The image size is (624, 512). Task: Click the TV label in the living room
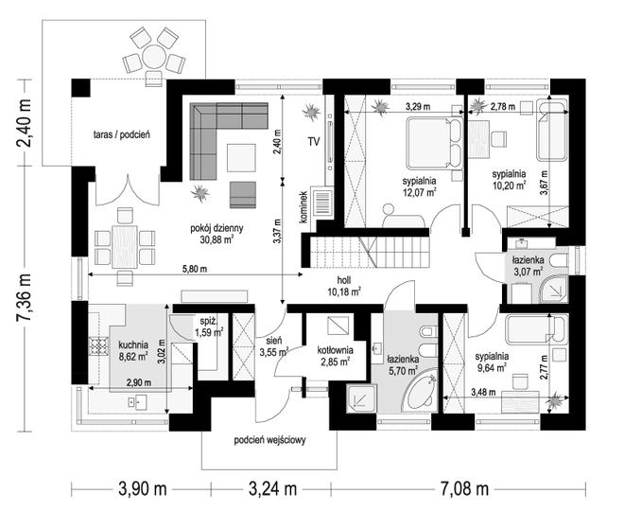[314, 141]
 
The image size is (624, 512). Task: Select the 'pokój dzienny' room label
[217, 228]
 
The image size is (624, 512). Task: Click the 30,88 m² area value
[217, 239]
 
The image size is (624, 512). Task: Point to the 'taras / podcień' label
[122, 134]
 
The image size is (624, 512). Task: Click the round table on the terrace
[154, 57]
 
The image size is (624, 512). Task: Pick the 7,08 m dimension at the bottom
[464, 488]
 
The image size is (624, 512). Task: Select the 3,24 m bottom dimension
[272, 488]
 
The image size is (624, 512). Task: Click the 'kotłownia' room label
[335, 350]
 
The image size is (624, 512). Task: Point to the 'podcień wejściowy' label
[269, 440]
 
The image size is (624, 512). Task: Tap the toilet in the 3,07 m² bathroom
[559, 261]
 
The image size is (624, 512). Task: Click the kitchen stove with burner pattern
[98, 345]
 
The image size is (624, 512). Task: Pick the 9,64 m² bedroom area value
[492, 367]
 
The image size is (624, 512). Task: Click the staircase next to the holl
[370, 252]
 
